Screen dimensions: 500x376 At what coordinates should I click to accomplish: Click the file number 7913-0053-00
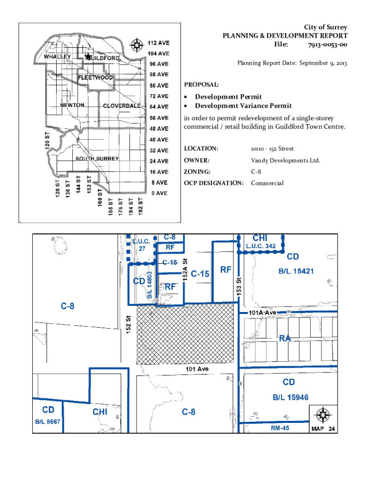click(327, 45)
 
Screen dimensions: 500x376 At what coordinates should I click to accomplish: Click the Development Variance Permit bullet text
click(243, 106)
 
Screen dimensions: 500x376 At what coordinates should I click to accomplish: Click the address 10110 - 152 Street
click(272, 148)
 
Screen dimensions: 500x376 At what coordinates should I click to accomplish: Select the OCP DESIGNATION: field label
click(213, 183)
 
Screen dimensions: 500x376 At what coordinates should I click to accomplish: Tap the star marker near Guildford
click(88, 57)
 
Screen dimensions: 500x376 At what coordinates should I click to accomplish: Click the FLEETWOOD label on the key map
click(96, 78)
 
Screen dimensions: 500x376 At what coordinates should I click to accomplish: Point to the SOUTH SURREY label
click(97, 159)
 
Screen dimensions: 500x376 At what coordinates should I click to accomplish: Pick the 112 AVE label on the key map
click(159, 42)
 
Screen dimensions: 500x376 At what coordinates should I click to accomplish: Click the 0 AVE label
click(159, 193)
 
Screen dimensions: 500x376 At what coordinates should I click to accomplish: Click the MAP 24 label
click(323, 430)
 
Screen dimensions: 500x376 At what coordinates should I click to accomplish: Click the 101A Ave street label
click(262, 312)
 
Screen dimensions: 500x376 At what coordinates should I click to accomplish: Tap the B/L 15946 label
click(291, 397)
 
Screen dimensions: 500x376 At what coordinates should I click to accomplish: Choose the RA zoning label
click(285, 338)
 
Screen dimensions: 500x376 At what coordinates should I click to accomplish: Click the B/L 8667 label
click(47, 421)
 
